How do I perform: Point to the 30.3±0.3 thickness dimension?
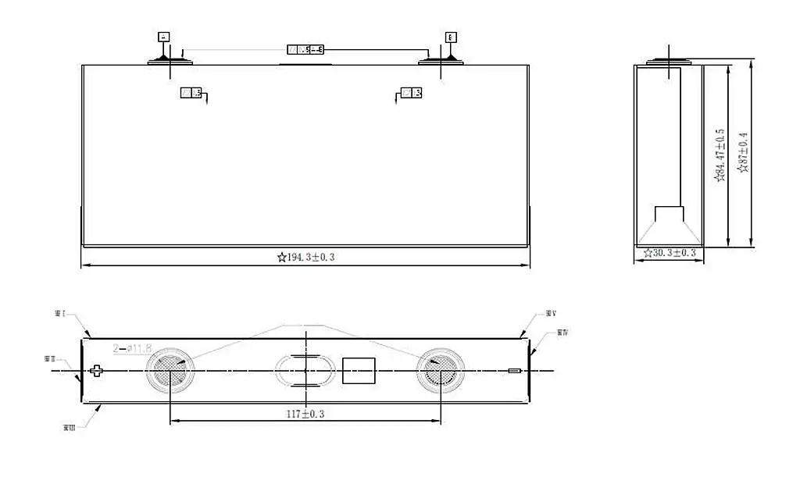point(670,253)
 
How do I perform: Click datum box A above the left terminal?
point(163,37)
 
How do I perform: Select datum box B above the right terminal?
point(451,37)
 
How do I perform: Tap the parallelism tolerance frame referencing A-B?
point(305,50)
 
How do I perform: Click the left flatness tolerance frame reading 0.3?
point(191,93)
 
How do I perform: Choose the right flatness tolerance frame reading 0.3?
point(412,93)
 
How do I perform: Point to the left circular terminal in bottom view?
point(169,370)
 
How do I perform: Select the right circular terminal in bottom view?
point(440,370)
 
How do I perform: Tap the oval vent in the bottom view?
point(305,371)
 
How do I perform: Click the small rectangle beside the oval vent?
point(359,371)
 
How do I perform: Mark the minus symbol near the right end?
point(513,371)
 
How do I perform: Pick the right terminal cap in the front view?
point(441,60)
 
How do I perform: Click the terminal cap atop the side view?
point(670,62)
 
